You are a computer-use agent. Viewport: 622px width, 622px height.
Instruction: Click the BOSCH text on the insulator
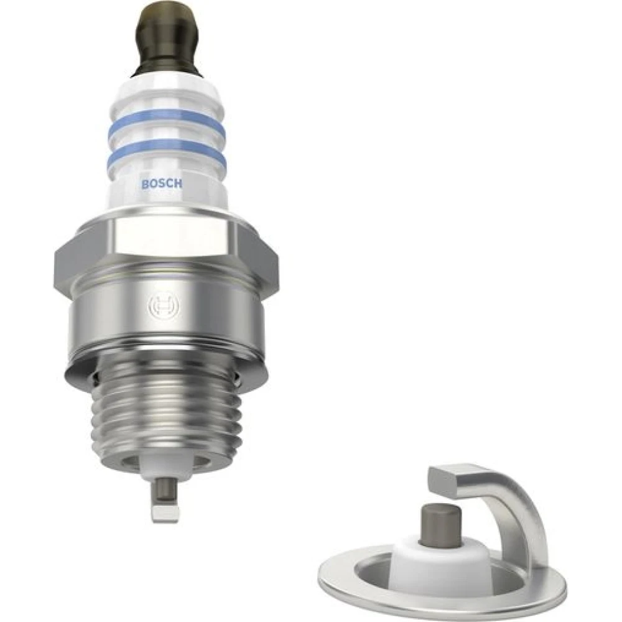[162, 184]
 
